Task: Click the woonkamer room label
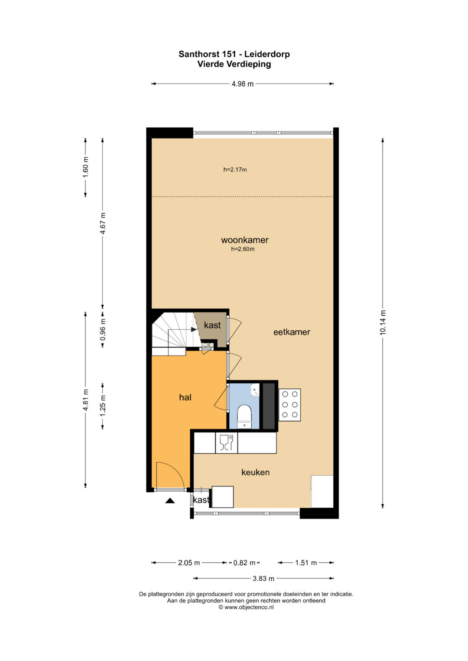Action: tap(245, 240)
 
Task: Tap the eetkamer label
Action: tap(292, 332)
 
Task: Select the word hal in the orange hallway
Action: tap(185, 397)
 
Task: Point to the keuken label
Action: tap(255, 472)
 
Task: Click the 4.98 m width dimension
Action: tap(243, 84)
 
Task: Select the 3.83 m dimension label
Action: tap(263, 578)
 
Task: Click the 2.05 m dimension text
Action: tap(189, 563)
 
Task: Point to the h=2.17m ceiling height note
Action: tap(235, 170)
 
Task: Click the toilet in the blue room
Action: tap(244, 416)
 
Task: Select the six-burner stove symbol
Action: tap(289, 405)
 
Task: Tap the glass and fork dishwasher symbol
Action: tap(227, 443)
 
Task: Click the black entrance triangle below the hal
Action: tap(170, 500)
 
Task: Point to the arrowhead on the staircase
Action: tap(194, 329)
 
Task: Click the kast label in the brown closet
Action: tap(212, 325)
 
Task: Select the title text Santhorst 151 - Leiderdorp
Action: tap(234, 54)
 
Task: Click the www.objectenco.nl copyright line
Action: tap(246, 607)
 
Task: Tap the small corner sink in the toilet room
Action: tap(255, 390)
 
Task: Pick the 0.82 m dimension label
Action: tap(244, 563)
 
